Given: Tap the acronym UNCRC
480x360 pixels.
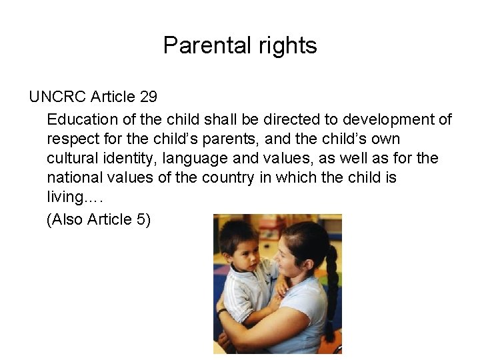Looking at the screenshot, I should (x=57, y=97).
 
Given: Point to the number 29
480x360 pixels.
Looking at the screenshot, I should (x=149, y=97).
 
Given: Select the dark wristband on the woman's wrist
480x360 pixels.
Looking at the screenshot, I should (x=221, y=311).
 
